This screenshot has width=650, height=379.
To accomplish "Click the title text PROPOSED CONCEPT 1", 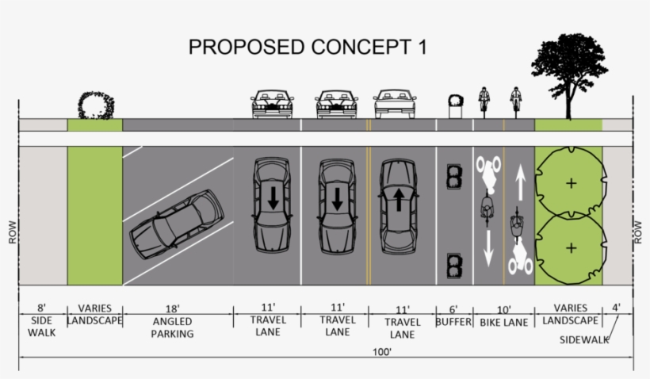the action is [x=308, y=47].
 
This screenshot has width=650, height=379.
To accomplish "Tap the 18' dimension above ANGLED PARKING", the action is [x=173, y=309].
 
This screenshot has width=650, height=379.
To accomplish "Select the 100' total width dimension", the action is [x=382, y=352].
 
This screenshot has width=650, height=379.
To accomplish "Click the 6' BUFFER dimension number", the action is [x=453, y=309].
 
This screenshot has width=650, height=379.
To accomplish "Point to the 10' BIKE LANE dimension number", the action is [x=503, y=310].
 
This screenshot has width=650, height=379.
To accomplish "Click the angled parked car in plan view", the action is [x=177, y=224].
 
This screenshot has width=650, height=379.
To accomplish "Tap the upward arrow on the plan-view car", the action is [x=399, y=200].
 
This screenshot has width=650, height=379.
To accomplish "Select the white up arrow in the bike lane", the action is [x=520, y=182].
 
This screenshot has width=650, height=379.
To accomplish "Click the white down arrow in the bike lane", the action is [x=488, y=248].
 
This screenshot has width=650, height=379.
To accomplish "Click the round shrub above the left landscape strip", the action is [x=96, y=105].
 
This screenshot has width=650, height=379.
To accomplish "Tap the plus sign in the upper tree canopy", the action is [x=572, y=183].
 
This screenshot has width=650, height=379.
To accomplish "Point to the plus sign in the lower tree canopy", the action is [x=572, y=248].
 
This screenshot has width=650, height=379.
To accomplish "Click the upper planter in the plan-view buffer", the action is [x=455, y=177].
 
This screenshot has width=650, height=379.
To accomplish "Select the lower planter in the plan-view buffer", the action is [x=455, y=266].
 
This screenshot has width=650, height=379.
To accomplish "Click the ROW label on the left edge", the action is [x=13, y=232].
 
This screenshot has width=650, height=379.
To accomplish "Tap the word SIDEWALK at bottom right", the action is [x=584, y=339].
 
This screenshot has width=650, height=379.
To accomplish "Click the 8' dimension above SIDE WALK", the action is [x=41, y=308].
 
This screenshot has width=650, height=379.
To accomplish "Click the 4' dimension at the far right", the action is [x=617, y=308].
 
